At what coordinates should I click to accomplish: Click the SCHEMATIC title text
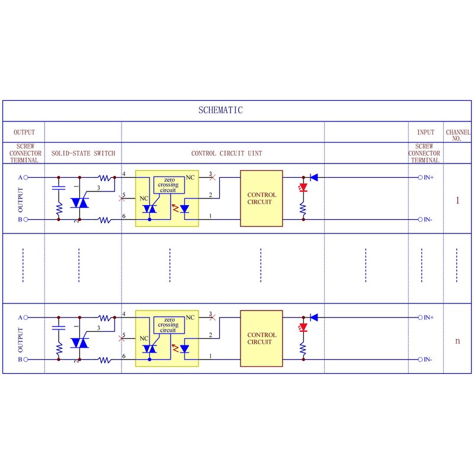pyautogui.click(x=220, y=110)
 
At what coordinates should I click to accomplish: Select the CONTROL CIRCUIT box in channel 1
pyautogui.click(x=261, y=198)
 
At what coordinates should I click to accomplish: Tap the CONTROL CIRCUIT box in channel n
pyautogui.click(x=261, y=338)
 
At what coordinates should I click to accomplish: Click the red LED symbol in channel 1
pyautogui.click(x=304, y=188)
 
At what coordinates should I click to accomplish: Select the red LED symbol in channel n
pyautogui.click(x=304, y=328)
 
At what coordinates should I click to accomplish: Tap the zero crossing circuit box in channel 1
pyautogui.click(x=168, y=185)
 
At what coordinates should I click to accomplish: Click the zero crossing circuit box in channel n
pyautogui.click(x=168, y=325)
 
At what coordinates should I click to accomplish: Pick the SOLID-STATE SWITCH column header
pyautogui.click(x=83, y=153)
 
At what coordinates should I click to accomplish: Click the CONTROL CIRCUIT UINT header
pyautogui.click(x=226, y=153)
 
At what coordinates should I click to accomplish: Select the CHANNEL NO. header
pyautogui.click(x=458, y=135)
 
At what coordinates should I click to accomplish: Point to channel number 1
pyautogui.click(x=457, y=200)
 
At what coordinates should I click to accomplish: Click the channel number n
pyautogui.click(x=457, y=341)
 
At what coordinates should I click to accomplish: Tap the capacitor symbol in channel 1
pyautogui.click(x=59, y=188)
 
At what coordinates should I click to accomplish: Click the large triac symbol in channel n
pyautogui.click(x=79, y=343)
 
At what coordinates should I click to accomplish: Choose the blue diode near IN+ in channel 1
pyautogui.click(x=314, y=177)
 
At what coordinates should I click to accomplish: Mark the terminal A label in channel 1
pyautogui.click(x=20, y=177)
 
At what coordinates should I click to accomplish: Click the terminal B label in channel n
pyautogui.click(x=20, y=360)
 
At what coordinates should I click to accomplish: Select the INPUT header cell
pyautogui.click(x=425, y=132)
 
